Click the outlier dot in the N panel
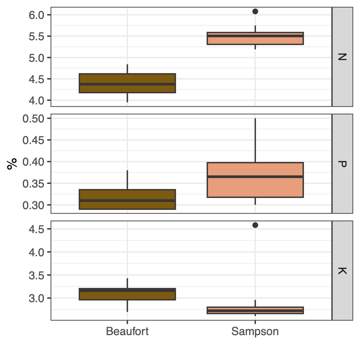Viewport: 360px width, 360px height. click(x=255, y=11)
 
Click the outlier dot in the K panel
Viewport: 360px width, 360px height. click(x=255, y=225)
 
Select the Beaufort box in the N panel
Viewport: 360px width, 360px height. click(x=127, y=83)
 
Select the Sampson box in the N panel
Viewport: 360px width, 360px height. click(x=255, y=38)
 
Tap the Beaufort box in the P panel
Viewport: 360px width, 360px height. click(x=127, y=199)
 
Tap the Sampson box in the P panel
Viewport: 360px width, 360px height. click(x=255, y=180)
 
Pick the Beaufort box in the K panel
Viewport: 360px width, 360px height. click(x=127, y=294)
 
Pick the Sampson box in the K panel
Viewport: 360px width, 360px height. click(x=255, y=310)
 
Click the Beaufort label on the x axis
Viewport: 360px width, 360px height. click(x=127, y=332)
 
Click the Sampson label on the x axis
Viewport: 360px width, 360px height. click(x=255, y=332)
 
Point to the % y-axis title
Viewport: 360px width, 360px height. click(x=12, y=164)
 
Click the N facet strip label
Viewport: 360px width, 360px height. click(x=342, y=57)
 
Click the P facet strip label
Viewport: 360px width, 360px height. click(x=342, y=164)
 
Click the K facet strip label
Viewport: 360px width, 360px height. click(x=342, y=270)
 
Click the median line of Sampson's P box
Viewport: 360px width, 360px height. click(x=255, y=176)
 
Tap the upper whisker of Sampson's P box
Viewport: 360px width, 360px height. click(x=255, y=140)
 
